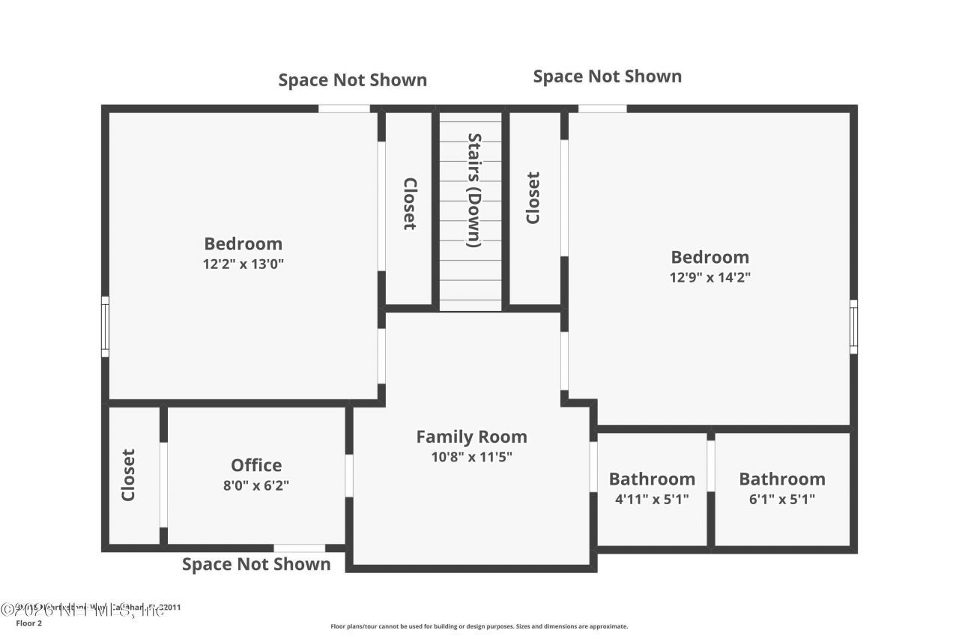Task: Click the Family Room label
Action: point(471,437)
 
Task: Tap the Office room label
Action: point(256,465)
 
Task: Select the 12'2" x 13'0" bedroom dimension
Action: point(243,264)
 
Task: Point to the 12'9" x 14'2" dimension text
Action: point(710,277)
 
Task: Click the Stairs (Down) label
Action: point(474,190)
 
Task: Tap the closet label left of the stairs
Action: point(409,203)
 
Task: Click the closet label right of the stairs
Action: point(533,198)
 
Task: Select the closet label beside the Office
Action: point(128,475)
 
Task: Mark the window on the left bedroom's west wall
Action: point(106,327)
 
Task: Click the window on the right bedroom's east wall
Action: point(853,327)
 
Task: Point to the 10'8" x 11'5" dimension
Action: point(471,457)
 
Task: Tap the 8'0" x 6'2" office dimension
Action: point(256,485)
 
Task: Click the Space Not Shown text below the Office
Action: point(256,564)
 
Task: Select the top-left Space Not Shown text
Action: point(352,80)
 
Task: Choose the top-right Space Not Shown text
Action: point(607,76)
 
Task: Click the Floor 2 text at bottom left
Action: point(29,623)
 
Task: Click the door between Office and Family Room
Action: point(349,475)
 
